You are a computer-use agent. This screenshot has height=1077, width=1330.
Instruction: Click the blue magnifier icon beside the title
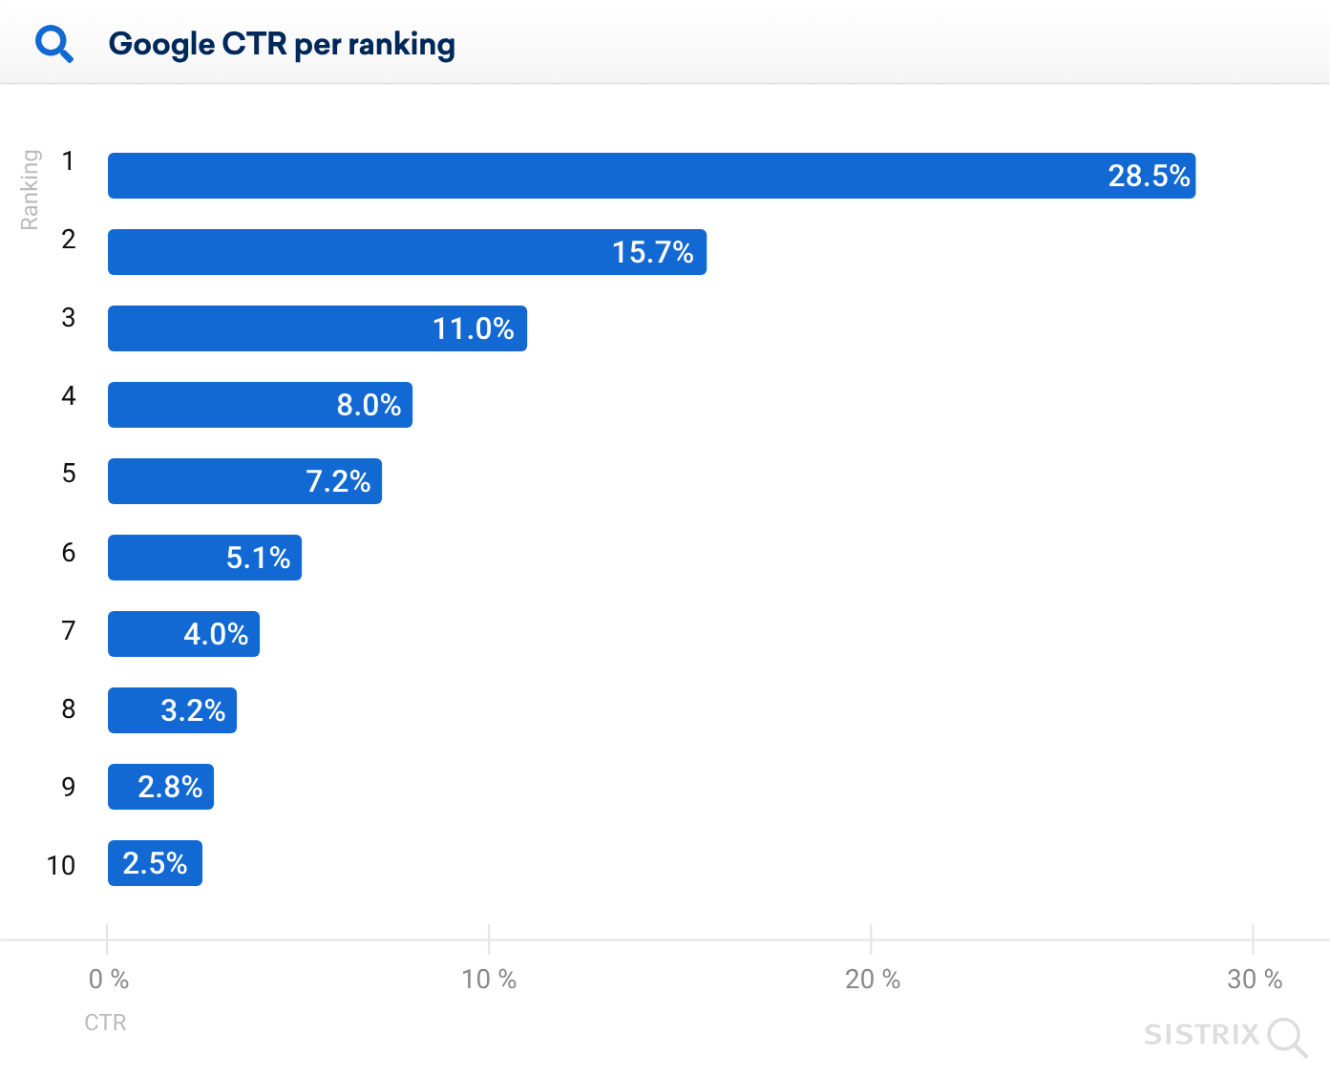54,44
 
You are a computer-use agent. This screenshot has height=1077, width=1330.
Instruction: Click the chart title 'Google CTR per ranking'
282,44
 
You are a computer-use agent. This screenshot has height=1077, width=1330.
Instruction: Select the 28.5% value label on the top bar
1149,176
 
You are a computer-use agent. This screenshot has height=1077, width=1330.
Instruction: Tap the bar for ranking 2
407,252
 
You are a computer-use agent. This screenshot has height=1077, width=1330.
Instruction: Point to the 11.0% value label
473,328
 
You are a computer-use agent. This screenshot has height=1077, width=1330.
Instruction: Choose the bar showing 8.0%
260,405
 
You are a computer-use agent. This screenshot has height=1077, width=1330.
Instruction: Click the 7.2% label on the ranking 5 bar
338,481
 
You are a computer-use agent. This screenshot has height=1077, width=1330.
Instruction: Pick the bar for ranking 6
204,558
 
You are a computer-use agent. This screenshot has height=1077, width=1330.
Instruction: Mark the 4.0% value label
216,634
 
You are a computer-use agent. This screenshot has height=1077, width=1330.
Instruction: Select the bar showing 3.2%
172,710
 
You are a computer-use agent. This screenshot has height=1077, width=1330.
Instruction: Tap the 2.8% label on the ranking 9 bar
170,787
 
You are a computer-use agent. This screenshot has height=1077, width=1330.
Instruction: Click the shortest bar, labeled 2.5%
155,863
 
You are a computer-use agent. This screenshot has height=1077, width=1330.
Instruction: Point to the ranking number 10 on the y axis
61,865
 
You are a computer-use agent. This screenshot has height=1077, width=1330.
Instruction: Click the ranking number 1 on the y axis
68,161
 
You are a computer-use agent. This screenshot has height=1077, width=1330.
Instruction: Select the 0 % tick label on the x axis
108,980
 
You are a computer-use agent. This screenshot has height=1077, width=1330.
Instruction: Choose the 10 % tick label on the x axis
489,980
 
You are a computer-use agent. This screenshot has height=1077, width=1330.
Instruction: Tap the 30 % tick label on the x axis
1254,980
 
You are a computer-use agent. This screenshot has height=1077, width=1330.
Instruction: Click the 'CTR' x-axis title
105,1023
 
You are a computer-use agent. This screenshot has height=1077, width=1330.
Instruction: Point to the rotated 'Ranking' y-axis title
31,189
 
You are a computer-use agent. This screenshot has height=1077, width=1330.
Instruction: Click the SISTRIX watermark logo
1225,1036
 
